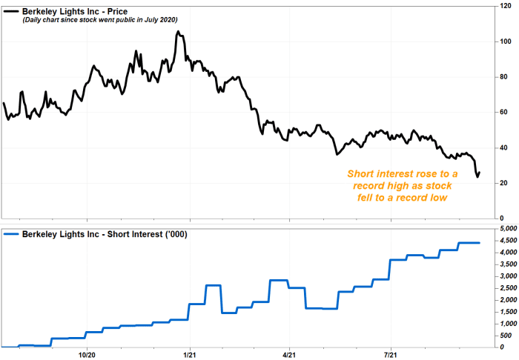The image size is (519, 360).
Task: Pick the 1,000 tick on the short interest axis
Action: tap(505, 324)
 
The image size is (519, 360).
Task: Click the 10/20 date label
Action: tap(87, 355)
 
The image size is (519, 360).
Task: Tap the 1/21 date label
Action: tap(191, 355)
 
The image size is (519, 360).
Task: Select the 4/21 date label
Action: tap(290, 355)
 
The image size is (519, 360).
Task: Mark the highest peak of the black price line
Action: tap(179, 33)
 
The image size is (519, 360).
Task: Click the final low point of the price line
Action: tap(477, 177)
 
